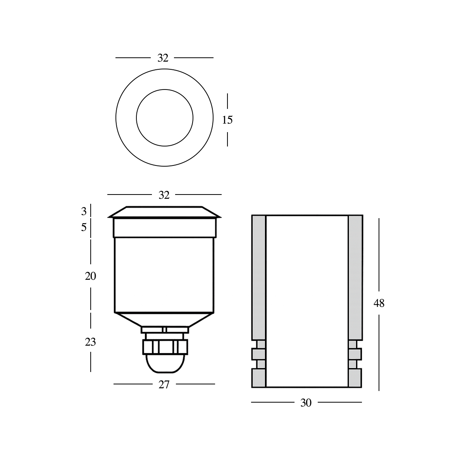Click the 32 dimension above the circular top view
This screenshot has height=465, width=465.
pyautogui.click(x=163, y=58)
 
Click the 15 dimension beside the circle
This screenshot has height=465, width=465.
pyautogui.click(x=227, y=120)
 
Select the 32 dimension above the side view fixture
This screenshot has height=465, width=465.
pyautogui.click(x=164, y=195)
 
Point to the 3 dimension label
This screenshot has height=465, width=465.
pyautogui.click(x=84, y=212)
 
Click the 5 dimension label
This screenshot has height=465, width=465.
pyautogui.click(x=84, y=227)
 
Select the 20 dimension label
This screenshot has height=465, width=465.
pyautogui.click(x=90, y=276)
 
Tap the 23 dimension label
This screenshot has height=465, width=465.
pyautogui.click(x=90, y=342)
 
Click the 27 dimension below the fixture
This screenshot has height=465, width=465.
pyautogui.click(x=164, y=384)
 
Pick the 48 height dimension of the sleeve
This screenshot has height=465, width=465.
pyautogui.click(x=379, y=303)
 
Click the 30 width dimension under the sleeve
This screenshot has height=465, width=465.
pyautogui.click(x=306, y=403)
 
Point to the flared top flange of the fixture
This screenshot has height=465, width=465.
pyautogui.click(x=165, y=212)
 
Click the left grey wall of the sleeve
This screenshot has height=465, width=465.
pyautogui.click(x=258, y=277)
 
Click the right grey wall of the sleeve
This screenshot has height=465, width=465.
pyautogui.click(x=355, y=277)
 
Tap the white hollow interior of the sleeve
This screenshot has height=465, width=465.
pyautogui.click(x=307, y=300)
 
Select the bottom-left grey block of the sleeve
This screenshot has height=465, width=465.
pyautogui.click(x=258, y=378)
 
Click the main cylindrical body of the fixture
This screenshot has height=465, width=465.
pyautogui.click(x=165, y=275)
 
